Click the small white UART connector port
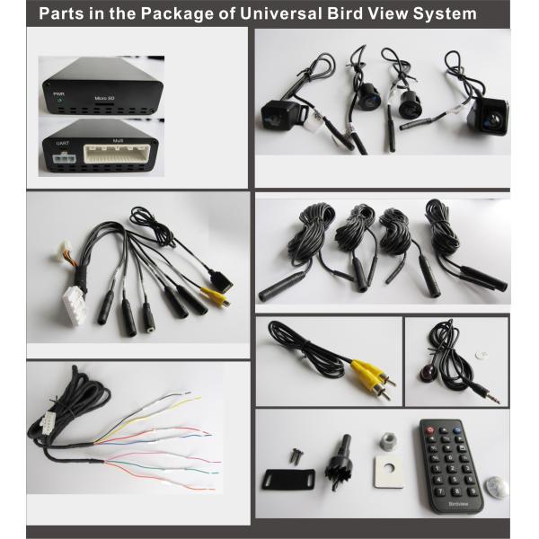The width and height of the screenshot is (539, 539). (x=63, y=160)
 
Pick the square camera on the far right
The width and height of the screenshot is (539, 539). (x=490, y=114)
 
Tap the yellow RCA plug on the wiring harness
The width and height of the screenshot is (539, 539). (x=214, y=294)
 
